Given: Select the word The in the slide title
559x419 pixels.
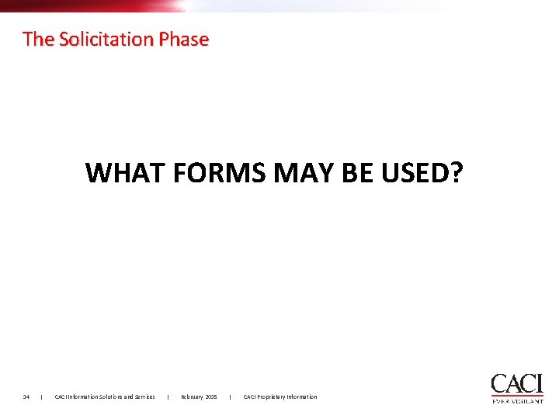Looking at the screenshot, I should (36, 39).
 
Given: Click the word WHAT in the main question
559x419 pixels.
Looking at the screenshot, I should (127, 172).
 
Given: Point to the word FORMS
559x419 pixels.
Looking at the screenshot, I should (220, 172).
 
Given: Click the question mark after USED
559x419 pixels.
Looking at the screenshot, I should (456, 172).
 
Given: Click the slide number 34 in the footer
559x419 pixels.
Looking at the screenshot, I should (26, 397).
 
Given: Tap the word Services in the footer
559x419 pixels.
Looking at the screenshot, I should (144, 397).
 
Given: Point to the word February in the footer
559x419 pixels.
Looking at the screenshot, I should (193, 397).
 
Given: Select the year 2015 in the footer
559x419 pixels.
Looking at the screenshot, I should (212, 397).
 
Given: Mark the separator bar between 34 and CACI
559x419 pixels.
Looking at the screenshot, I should (41, 397).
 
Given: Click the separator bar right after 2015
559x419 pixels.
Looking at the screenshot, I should (231, 397).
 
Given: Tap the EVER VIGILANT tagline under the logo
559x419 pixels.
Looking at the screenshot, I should (517, 401).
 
